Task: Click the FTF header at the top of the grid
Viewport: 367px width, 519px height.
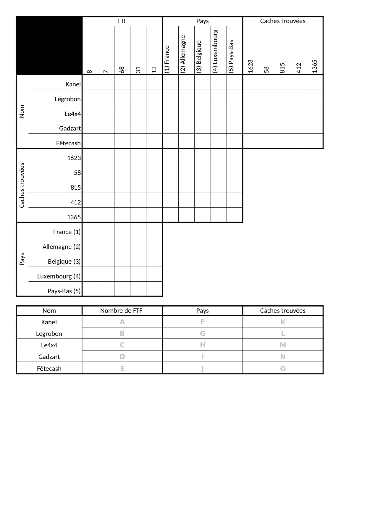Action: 122,21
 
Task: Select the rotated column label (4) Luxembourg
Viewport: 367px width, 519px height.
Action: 215,51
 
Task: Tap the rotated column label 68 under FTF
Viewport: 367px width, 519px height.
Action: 122,70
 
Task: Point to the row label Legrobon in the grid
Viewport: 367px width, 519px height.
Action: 67,99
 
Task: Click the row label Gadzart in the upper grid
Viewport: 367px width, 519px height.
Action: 70,128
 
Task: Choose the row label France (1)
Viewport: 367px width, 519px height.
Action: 67,232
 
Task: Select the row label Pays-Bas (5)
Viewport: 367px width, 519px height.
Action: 64,291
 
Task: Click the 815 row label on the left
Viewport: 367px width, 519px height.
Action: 76,188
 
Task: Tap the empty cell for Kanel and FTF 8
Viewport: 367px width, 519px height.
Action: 90,82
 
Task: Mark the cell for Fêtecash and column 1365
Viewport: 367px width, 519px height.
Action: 315,141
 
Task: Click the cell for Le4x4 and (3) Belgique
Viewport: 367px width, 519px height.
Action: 202,112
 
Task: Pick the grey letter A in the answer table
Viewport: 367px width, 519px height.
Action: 122,322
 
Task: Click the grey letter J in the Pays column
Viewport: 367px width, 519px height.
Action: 203,369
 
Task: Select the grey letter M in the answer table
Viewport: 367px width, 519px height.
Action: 283,345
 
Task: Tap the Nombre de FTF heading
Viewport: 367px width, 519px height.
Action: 121,311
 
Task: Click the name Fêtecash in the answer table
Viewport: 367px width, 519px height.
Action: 49,369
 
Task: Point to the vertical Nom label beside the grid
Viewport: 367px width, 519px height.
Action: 22,112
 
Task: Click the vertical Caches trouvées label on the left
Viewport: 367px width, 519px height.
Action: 22,186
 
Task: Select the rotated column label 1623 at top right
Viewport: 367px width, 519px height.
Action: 250,66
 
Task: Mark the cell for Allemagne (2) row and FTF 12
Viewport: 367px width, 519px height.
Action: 154,245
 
